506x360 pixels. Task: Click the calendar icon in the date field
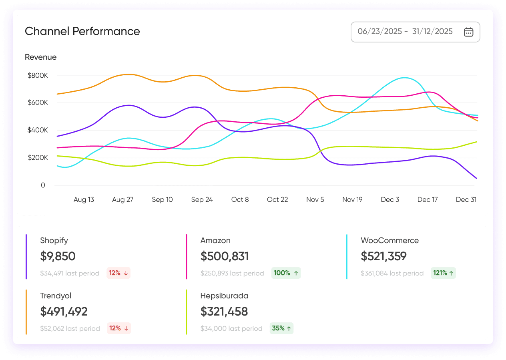468,32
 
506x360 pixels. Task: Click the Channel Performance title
82,31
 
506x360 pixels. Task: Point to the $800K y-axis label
38,75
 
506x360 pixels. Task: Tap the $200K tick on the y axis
38,158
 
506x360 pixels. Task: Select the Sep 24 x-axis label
202,199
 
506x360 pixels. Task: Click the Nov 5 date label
315,199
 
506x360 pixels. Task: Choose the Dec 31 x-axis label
466,199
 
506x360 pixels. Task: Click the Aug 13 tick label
84,199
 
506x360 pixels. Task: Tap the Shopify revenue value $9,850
58,256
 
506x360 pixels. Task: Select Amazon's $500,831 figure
225,256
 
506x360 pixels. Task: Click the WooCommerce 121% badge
443,273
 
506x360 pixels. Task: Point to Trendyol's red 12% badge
118,328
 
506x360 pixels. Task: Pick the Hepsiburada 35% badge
281,328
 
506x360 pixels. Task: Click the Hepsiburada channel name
224,296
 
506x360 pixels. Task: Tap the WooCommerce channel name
390,241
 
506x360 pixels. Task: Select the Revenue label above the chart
41,57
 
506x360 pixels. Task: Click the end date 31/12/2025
432,32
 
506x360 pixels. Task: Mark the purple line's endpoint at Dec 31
477,179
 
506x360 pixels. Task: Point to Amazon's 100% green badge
286,273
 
